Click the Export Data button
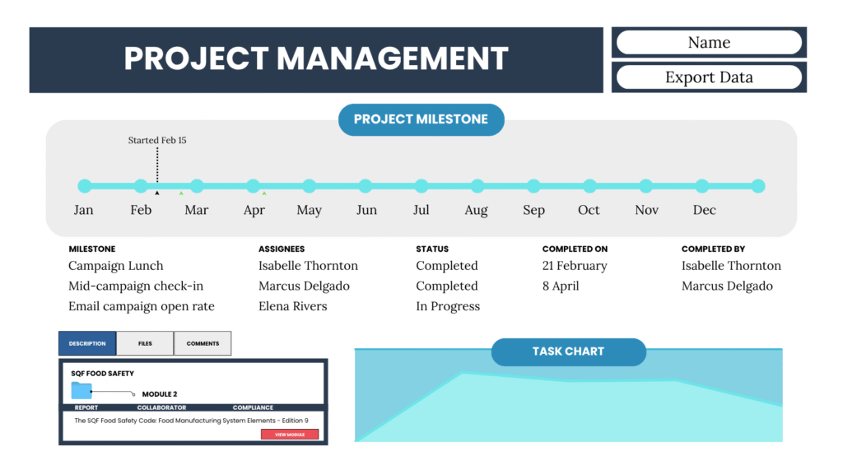coord(709,77)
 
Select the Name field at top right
coord(709,43)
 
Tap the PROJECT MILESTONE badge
coord(421,119)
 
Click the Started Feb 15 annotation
coord(157,141)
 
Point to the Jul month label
coord(421,210)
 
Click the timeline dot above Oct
coord(589,186)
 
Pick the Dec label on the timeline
coord(705,210)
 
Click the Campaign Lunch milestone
coord(115,266)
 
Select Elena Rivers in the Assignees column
coord(292,306)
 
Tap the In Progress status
coord(448,306)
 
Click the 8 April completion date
coord(561,286)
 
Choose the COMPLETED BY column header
coord(713,249)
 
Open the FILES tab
coord(145,343)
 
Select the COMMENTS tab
coord(203,343)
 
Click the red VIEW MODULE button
coord(290,435)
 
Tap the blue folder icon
coord(82,390)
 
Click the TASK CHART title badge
coord(568,351)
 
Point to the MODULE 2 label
coord(160,394)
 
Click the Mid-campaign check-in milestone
coord(136,286)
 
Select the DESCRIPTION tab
coord(87,343)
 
